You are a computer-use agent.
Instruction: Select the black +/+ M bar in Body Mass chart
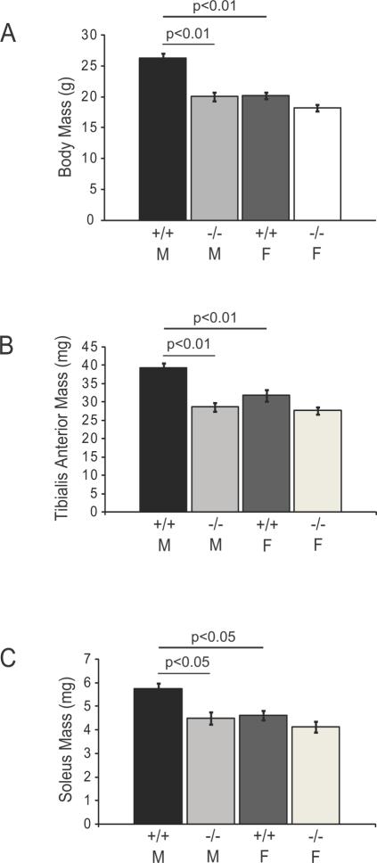pos(162,139)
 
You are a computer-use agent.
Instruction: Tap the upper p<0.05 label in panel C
pos(212,638)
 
